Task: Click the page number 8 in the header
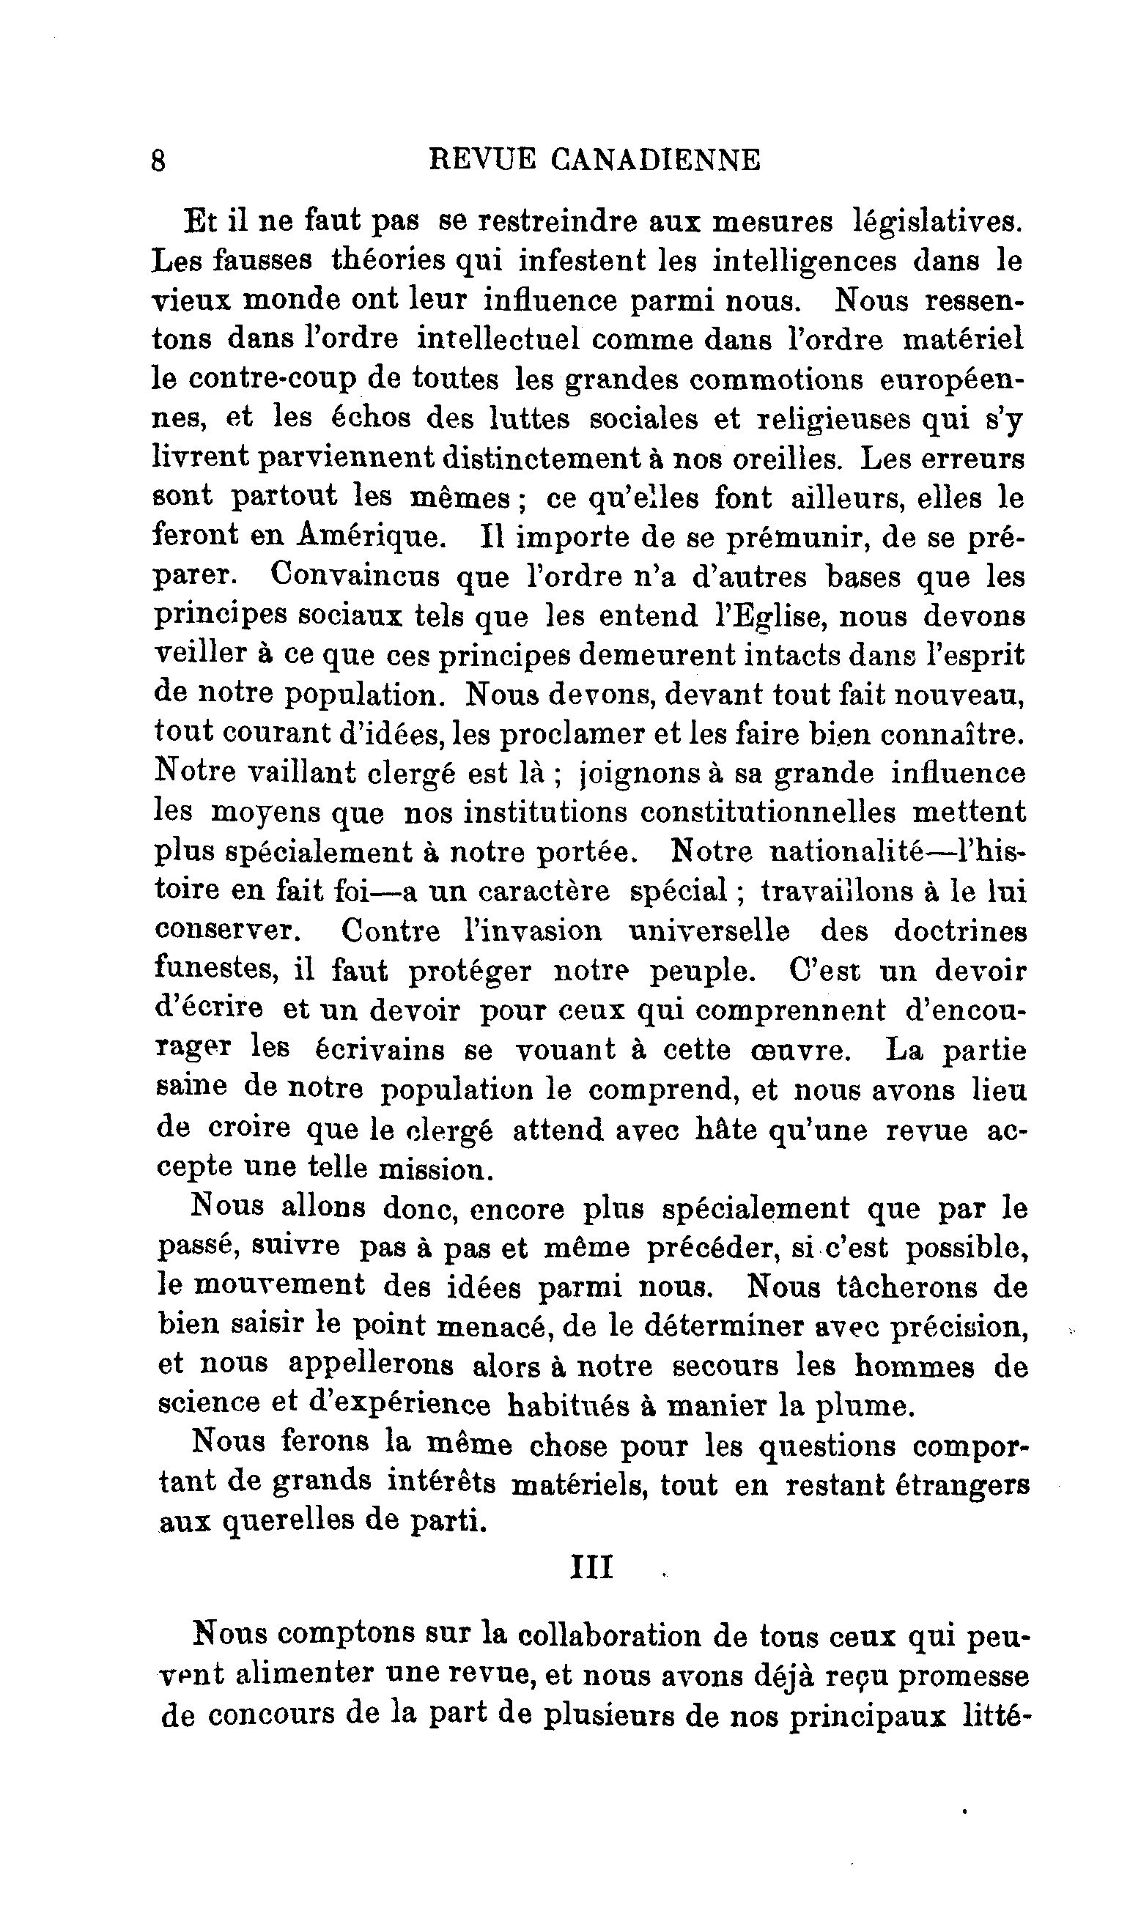pyautogui.click(x=158, y=161)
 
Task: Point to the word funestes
pyautogui.click(x=214, y=970)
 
